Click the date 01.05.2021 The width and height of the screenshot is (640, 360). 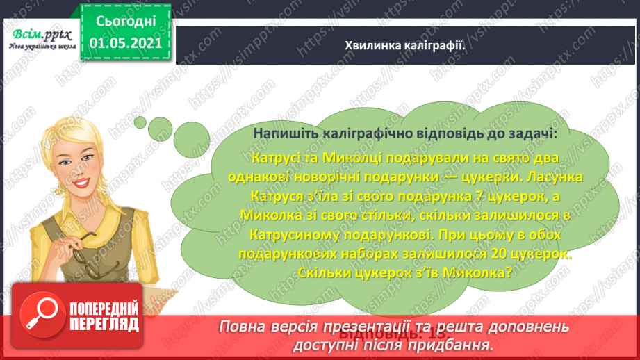tap(125, 43)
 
